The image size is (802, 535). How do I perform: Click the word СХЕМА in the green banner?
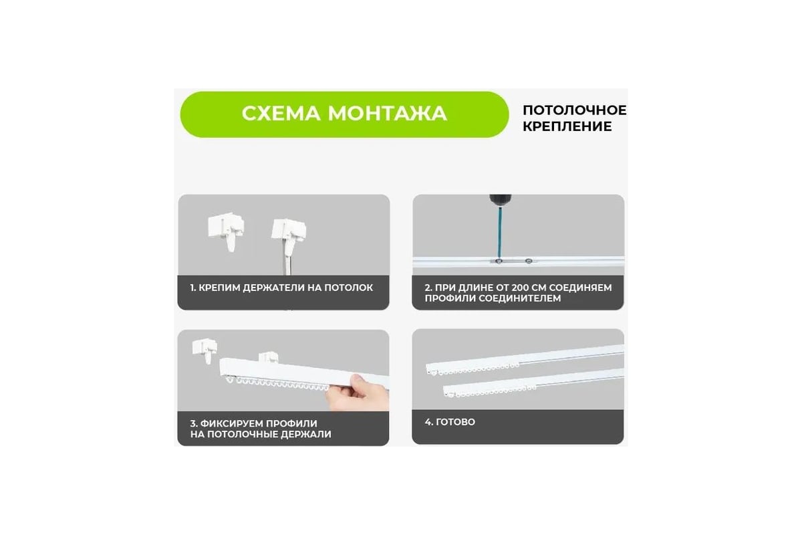coord(281,114)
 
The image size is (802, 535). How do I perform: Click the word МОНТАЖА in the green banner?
coord(388,114)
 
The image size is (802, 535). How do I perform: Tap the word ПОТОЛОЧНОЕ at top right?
coord(575,110)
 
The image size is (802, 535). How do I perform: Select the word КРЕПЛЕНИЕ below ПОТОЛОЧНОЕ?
coord(567,126)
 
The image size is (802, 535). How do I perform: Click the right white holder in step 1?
coord(289,237)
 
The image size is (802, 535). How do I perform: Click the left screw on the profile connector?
coord(499,261)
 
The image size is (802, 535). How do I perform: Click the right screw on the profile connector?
coord(529,261)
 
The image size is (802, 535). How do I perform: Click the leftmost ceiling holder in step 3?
coord(205,350)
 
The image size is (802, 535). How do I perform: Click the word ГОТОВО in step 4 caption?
coord(455,422)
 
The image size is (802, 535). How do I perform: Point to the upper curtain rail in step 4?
coord(525,360)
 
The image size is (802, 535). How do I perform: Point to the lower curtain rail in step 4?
coord(533,383)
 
